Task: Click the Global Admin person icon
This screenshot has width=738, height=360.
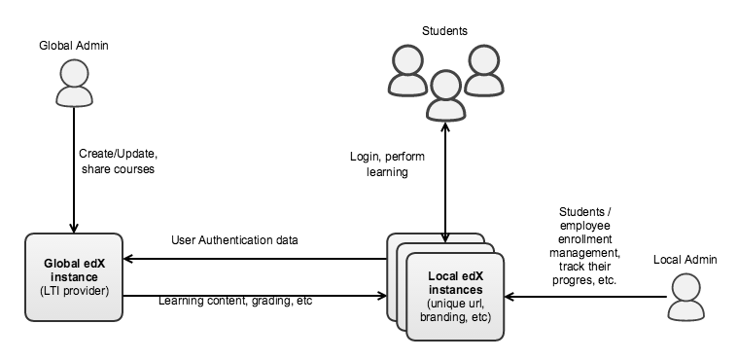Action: [x=74, y=85]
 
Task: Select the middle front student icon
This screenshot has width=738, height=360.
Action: [x=444, y=95]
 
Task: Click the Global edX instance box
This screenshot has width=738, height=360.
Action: [x=74, y=276]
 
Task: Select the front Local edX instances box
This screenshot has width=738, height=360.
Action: [x=455, y=295]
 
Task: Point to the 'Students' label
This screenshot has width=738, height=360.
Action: [x=444, y=31]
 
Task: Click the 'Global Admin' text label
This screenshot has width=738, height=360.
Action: [x=74, y=46]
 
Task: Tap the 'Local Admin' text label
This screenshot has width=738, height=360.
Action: [x=685, y=259]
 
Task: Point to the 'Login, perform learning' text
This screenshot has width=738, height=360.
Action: [x=383, y=163]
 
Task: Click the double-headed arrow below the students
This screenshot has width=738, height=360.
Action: [x=444, y=185]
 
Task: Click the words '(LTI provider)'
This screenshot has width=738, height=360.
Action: [x=74, y=290]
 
